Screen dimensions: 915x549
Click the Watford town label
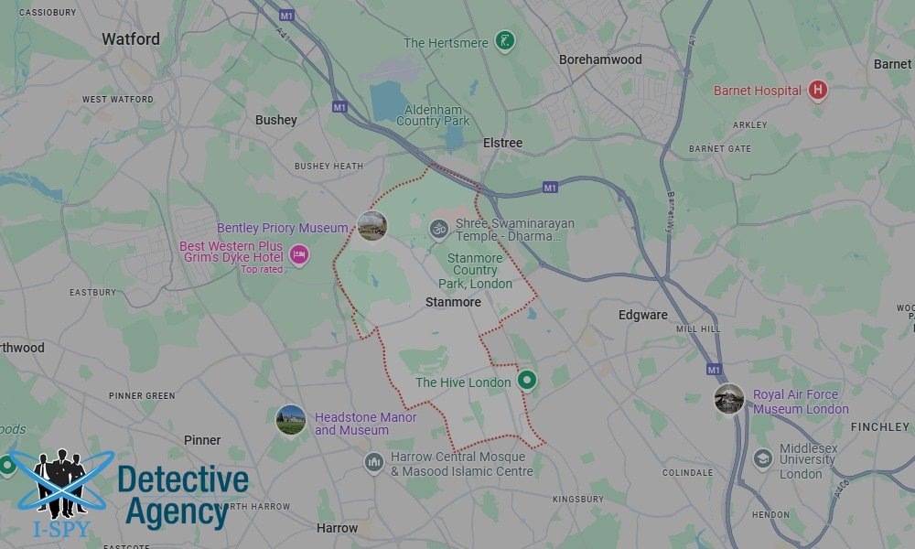tap(130, 39)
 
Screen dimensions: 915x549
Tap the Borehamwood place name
tap(600, 59)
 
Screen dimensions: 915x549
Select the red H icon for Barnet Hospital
tap(818, 91)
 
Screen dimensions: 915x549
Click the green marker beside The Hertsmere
tap(504, 41)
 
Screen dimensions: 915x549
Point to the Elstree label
tap(502, 143)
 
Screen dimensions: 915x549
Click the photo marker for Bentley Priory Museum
tap(371, 226)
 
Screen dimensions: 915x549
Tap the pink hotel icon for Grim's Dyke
tap(298, 254)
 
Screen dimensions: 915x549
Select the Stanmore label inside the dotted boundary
tap(453, 301)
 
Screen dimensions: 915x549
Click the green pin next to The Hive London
tap(526, 380)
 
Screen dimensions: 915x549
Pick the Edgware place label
tap(642, 315)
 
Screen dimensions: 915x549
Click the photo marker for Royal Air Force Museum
tap(729, 399)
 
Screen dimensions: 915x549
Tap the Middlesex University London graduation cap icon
tap(762, 458)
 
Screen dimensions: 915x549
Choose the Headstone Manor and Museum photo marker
tap(291, 420)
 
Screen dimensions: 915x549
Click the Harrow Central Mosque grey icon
tap(372, 462)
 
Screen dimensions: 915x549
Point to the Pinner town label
tap(202, 439)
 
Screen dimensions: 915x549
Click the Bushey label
tap(275, 120)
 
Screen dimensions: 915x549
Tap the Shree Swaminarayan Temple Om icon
tap(439, 229)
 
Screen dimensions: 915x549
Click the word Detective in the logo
tap(183, 480)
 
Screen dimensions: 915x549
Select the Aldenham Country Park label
tap(433, 114)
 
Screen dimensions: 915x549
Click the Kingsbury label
tap(577, 500)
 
